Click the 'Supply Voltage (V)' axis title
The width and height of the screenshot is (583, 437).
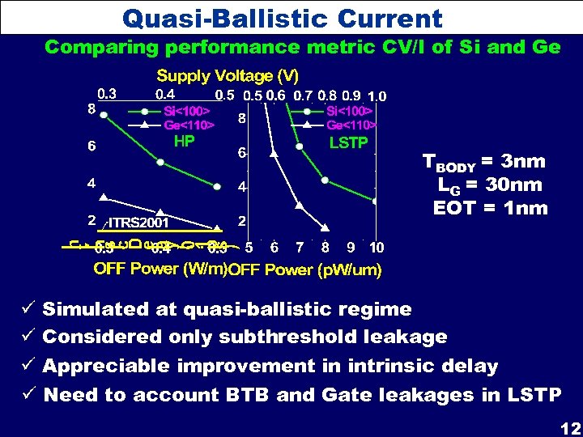[228, 76]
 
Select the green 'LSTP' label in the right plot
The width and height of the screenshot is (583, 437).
[348, 143]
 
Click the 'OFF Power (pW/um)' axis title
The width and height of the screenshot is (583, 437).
[304, 269]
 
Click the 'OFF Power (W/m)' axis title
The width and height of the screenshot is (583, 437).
[160, 269]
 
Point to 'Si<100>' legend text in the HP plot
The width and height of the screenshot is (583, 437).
[187, 111]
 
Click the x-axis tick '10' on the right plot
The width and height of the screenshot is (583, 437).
[377, 247]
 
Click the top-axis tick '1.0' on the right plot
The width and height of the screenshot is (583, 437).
[377, 95]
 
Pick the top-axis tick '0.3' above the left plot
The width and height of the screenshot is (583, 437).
[107, 93]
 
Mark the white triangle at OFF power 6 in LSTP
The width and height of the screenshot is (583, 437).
[274, 152]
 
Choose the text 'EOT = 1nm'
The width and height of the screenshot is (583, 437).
[491, 207]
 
